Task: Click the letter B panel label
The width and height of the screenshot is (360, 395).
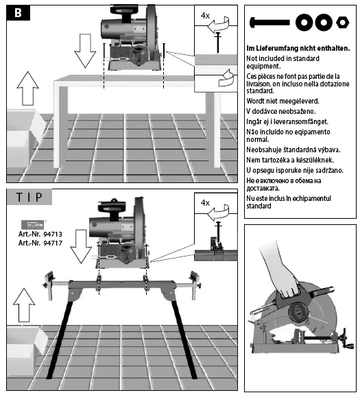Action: tap(15, 13)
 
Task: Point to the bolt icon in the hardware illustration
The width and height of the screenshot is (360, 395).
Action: tap(272, 23)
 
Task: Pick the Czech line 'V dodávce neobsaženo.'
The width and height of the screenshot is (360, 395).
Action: tap(280, 111)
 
